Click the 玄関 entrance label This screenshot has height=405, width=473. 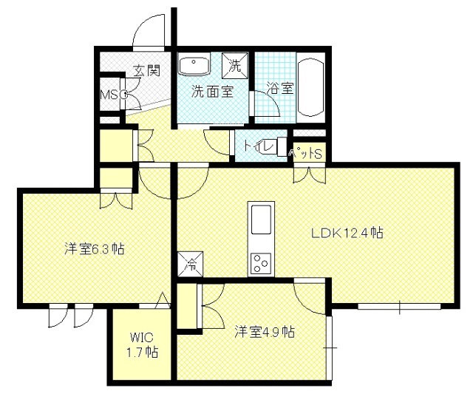[x=146, y=70]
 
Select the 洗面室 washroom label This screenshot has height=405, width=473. [x=213, y=92]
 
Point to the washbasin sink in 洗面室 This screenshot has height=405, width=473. [x=194, y=64]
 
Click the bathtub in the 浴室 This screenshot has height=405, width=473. [x=311, y=88]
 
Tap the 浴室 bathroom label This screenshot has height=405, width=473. [x=280, y=88]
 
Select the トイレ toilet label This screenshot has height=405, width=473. [x=259, y=146]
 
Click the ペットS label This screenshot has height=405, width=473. [x=306, y=154]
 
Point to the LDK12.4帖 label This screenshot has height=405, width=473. [x=347, y=233]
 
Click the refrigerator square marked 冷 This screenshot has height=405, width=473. [x=191, y=264]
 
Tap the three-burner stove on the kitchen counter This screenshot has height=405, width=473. [x=261, y=262]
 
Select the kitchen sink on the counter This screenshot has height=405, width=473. [x=261, y=219]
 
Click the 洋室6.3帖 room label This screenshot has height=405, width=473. [x=95, y=249]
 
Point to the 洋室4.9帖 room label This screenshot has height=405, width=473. [x=265, y=332]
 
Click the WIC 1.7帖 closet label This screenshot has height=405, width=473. [x=142, y=344]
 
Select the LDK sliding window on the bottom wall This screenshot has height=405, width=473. [x=399, y=307]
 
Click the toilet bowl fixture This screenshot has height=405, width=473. [x=276, y=146]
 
